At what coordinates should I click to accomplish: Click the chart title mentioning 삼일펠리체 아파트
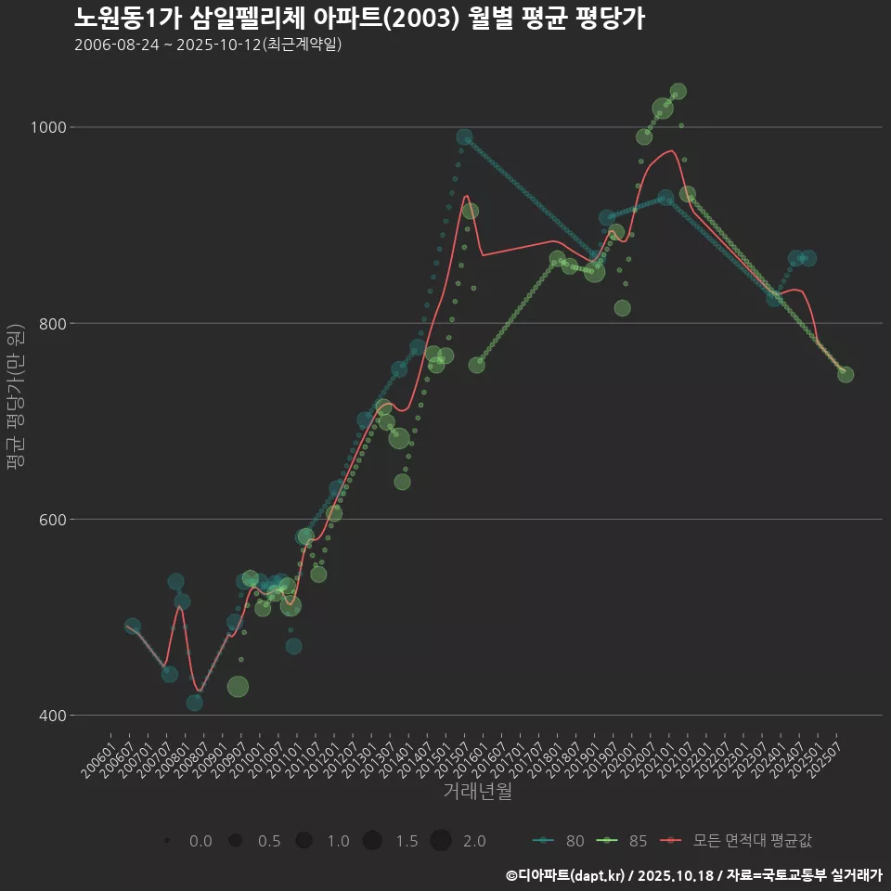[x=359, y=18]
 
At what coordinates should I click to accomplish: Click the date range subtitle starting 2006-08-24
[x=208, y=45]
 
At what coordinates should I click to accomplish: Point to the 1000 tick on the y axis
[x=47, y=127]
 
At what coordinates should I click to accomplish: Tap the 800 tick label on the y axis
[x=51, y=323]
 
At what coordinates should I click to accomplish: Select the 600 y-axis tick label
[x=51, y=519]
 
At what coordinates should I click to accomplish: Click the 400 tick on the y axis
[x=51, y=715]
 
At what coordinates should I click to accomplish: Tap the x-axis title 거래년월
[x=477, y=791]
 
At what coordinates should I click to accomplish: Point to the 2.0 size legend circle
[x=441, y=841]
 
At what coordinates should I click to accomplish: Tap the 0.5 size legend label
[x=269, y=841]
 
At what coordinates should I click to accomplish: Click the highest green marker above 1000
[x=678, y=92]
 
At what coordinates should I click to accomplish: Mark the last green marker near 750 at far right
[x=846, y=374]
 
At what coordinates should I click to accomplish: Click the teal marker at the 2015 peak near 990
[x=464, y=137]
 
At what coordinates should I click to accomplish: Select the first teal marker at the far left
[x=133, y=626]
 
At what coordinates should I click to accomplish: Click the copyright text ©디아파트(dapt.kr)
[x=565, y=874]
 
